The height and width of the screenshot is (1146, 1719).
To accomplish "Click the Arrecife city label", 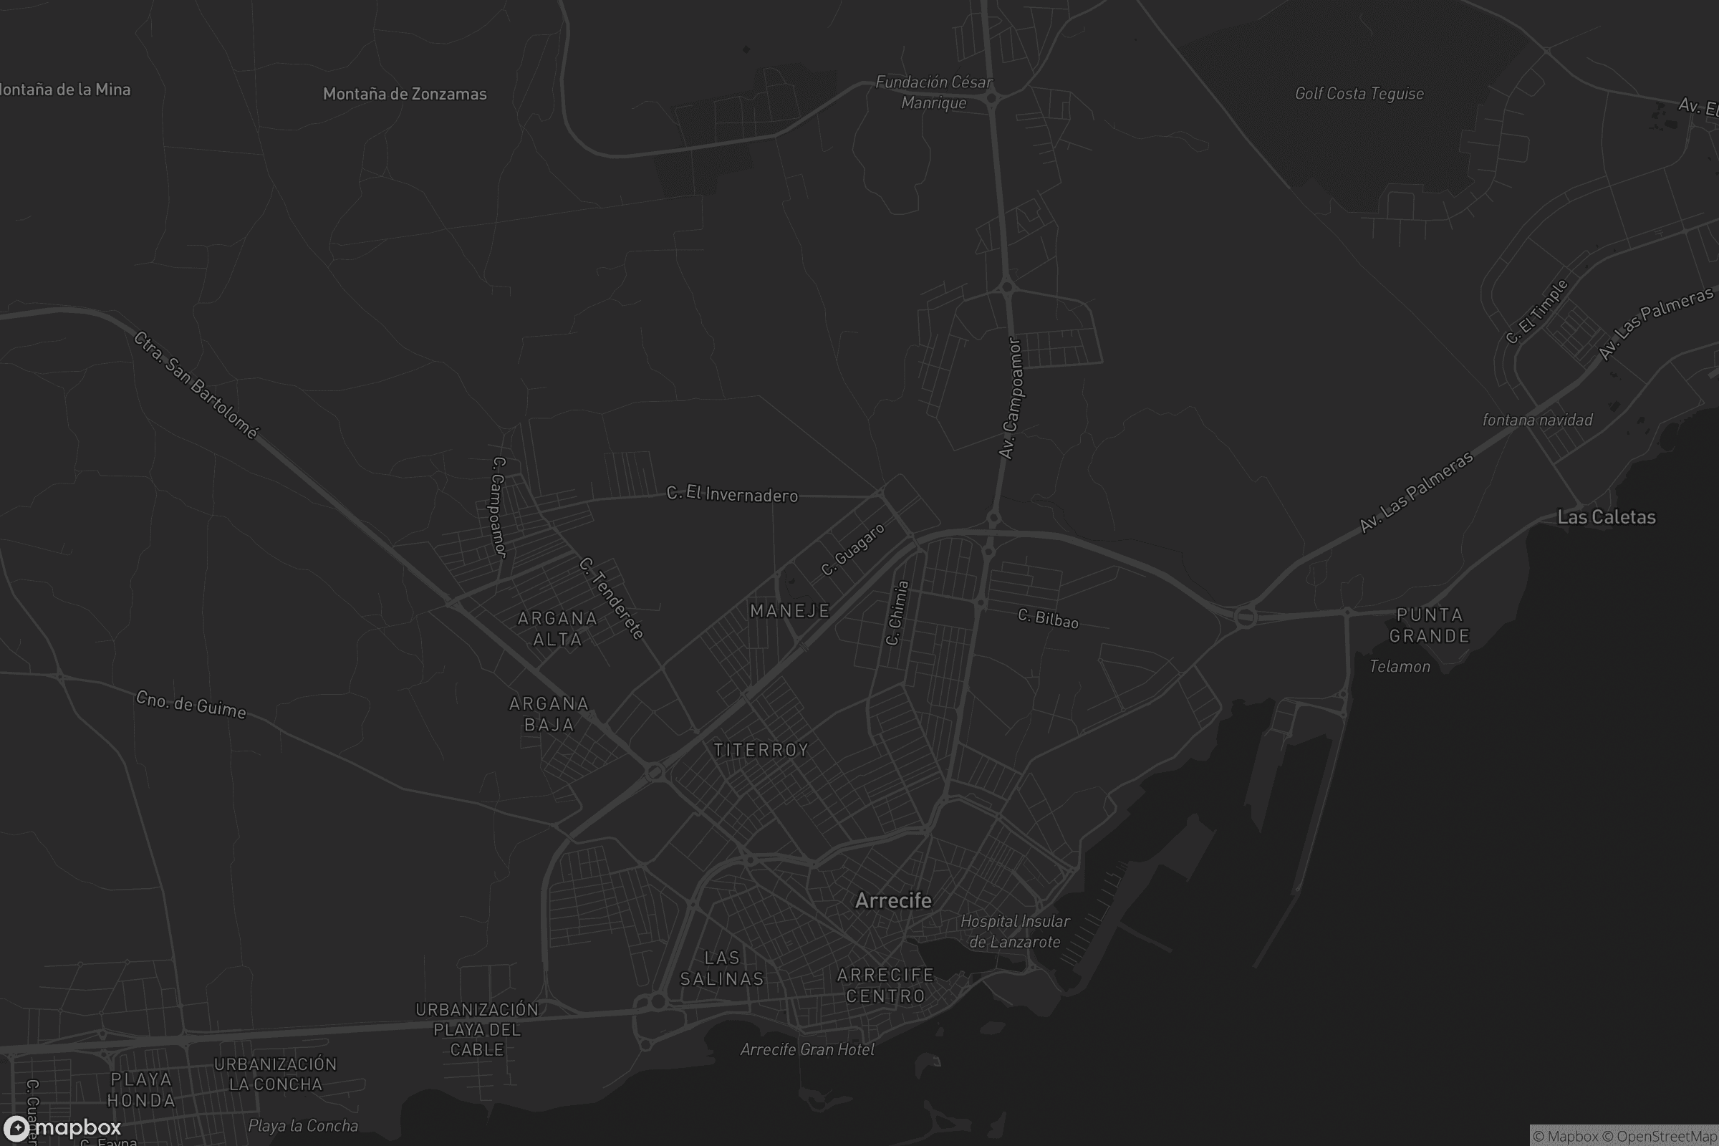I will click(893, 900).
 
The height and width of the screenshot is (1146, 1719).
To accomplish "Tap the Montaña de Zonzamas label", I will click(404, 94).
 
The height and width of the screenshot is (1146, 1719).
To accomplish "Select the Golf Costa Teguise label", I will click(1359, 94).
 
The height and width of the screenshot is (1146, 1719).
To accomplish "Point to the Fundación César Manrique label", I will click(933, 92).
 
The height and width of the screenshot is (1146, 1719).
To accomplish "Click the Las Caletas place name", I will click(1606, 517).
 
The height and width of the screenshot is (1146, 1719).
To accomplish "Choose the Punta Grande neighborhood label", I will click(1429, 625).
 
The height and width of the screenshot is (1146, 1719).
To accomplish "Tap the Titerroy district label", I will click(761, 750).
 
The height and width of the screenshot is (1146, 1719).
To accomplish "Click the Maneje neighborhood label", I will click(790, 611).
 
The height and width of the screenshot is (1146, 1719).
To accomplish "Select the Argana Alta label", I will click(557, 629).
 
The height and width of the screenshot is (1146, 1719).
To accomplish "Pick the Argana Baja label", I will click(549, 714).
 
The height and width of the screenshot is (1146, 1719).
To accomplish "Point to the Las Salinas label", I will click(722, 968).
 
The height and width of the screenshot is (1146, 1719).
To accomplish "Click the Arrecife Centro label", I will click(885, 986).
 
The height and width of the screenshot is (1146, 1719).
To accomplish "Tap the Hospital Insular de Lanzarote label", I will click(1014, 931).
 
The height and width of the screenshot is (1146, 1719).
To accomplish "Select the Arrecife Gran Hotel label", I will click(807, 1049).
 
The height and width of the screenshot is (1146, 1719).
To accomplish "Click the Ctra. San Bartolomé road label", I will click(196, 385).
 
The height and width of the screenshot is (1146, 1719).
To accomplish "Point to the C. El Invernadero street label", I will click(731, 495).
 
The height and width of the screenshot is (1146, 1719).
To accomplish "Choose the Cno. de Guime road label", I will click(191, 705).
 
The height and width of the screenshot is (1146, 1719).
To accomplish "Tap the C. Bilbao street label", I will click(1048, 618).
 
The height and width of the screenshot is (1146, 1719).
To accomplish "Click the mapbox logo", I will click(62, 1127).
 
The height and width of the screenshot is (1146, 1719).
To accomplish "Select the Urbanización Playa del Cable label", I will click(476, 1029).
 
